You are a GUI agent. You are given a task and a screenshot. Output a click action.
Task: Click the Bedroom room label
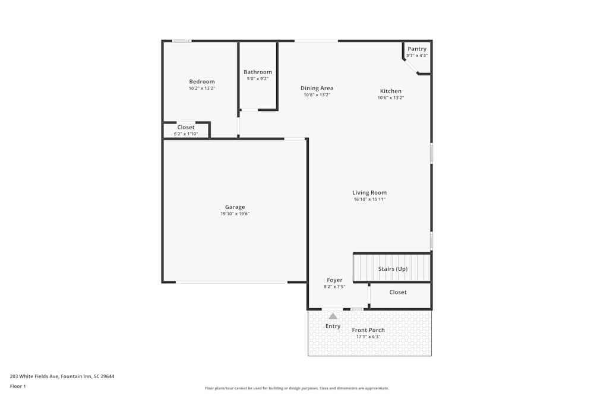tap(202, 81)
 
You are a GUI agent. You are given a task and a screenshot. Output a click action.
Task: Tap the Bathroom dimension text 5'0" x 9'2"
tap(258, 78)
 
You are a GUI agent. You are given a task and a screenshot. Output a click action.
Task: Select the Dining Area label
tap(317, 88)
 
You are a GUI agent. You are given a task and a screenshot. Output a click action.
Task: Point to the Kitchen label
tap(390, 91)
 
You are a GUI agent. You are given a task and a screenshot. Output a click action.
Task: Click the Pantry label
tap(417, 49)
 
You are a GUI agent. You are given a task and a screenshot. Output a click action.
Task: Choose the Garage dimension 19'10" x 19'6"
tap(235, 214)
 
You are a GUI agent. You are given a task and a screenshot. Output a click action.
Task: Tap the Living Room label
tap(369, 192)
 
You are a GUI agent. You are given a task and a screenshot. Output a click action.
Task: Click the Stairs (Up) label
tap(393, 269)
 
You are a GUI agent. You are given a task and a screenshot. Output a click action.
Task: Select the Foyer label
tap(334, 280)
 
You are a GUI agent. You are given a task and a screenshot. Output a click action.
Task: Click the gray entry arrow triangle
tap(333, 316)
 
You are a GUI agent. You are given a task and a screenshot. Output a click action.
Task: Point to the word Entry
tap(333, 326)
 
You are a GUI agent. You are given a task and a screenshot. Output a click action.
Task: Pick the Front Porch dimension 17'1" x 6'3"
tap(368, 337)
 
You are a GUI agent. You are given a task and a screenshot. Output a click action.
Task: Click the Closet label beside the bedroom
tap(186, 127)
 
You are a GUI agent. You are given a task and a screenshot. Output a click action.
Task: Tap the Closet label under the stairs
tap(398, 292)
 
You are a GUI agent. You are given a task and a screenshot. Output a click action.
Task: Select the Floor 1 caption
tap(18, 386)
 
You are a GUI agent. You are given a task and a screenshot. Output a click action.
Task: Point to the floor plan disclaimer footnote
tap(297, 388)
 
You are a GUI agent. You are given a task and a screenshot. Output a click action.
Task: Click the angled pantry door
tap(412, 66)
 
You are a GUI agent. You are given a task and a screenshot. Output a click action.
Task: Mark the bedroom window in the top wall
tap(182, 41)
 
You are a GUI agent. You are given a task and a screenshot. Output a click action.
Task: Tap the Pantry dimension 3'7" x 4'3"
tap(417, 56)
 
